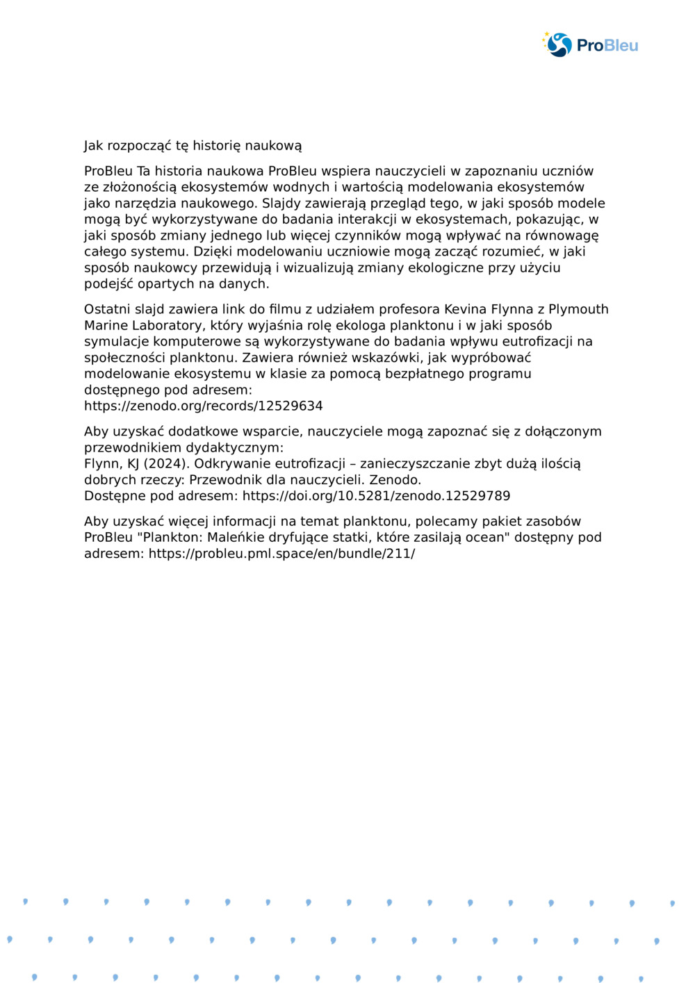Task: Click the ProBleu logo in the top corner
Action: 590,45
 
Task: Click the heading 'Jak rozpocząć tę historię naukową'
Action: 193,146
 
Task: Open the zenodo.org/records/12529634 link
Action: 203,406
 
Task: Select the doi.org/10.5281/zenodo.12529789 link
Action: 376,496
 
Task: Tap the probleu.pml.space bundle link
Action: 281,554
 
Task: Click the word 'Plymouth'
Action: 578,309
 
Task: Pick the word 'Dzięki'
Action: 213,251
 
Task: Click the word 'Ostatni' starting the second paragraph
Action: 104,309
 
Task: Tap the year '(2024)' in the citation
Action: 166,463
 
